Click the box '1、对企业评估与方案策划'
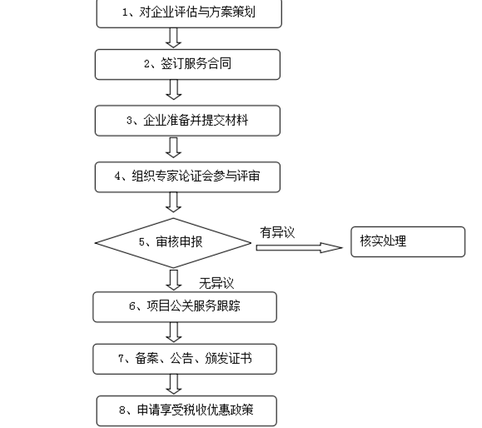(x=189, y=13)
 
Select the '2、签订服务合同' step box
(x=187, y=65)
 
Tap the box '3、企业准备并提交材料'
(x=187, y=121)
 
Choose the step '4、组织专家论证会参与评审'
(x=187, y=177)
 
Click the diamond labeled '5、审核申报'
(x=173, y=243)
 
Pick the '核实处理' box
(x=408, y=241)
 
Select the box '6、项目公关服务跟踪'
(x=185, y=307)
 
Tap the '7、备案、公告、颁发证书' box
(x=185, y=359)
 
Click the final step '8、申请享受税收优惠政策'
(x=186, y=411)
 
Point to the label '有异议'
(x=277, y=232)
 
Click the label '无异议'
(x=216, y=283)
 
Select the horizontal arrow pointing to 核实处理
(x=300, y=247)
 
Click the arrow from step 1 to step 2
(x=173, y=38)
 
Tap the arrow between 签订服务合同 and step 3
(x=173, y=90)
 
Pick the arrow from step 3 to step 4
(x=173, y=147)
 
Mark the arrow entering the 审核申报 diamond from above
(x=173, y=202)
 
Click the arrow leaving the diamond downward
(x=174, y=280)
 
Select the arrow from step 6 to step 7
(x=174, y=332)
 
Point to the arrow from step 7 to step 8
(x=174, y=384)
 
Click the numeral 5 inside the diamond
(x=142, y=242)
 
